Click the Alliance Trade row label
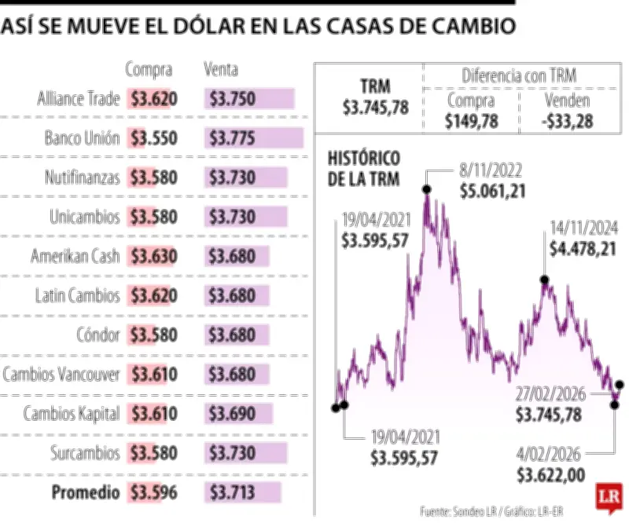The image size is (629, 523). (x=79, y=99)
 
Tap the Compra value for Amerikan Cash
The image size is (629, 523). (x=154, y=257)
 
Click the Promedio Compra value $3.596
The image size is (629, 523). (x=154, y=493)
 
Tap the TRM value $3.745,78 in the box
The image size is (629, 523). (x=375, y=108)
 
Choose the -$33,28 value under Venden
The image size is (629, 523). (x=567, y=120)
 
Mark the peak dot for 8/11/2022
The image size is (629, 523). (x=426, y=188)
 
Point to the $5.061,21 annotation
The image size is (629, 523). (x=494, y=191)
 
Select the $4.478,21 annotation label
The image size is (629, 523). (x=582, y=249)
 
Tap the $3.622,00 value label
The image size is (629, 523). (x=550, y=474)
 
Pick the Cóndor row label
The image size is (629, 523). (x=98, y=335)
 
